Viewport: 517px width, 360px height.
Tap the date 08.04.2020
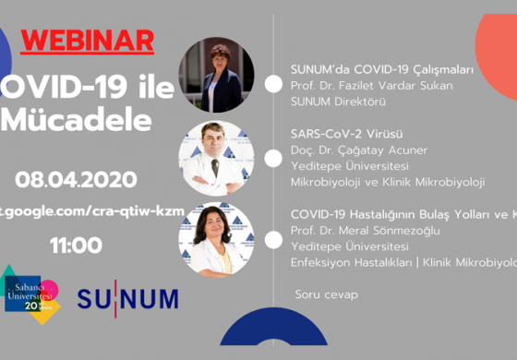coord(76,179)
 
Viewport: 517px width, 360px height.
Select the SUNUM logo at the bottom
coord(128,299)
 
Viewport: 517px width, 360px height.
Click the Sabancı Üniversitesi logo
coord(31,294)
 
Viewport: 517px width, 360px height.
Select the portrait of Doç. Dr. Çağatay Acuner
coord(215,158)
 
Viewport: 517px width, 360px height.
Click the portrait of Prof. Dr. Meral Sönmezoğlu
coord(215,240)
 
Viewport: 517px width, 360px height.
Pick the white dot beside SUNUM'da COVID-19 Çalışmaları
coord(273,84)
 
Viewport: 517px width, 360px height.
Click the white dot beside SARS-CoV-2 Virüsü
coord(273,158)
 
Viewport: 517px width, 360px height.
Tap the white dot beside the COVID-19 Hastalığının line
coord(273,238)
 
